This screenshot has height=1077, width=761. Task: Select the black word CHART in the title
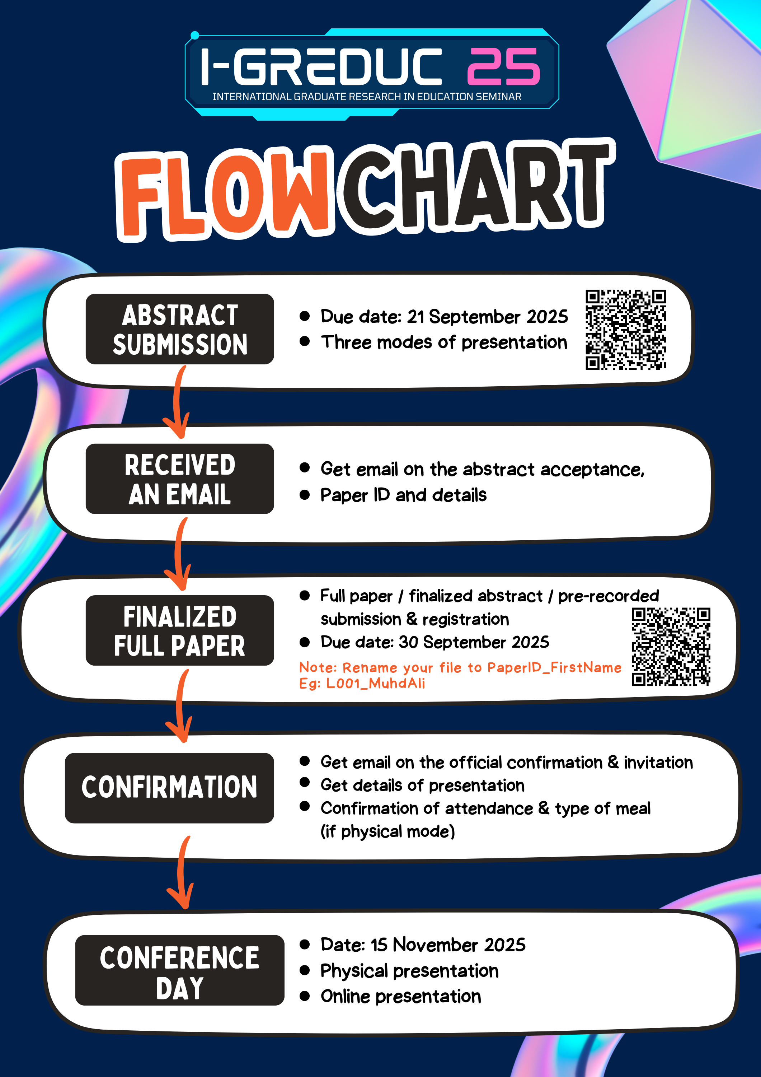[478, 185]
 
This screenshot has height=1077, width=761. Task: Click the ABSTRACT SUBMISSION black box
[180, 329]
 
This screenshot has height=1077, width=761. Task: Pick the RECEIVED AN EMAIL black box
[180, 479]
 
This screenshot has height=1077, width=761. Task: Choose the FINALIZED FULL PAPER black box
[180, 630]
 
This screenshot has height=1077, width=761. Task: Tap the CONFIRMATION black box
[169, 788]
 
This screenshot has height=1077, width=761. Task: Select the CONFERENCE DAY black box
[180, 970]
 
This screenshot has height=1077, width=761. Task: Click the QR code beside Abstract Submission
[625, 330]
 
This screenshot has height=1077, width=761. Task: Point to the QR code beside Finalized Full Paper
[671, 647]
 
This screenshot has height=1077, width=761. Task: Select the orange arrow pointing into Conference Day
[181, 872]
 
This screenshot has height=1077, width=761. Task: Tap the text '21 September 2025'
[487, 317]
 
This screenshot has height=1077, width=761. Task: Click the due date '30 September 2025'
[474, 642]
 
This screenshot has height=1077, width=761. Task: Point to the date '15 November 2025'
[448, 944]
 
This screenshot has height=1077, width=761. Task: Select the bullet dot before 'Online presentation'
[305, 996]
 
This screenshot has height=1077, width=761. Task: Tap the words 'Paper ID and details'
[403, 495]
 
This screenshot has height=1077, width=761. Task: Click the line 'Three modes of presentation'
[444, 342]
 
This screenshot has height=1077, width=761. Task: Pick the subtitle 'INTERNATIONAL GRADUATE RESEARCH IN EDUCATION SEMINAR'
[367, 97]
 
